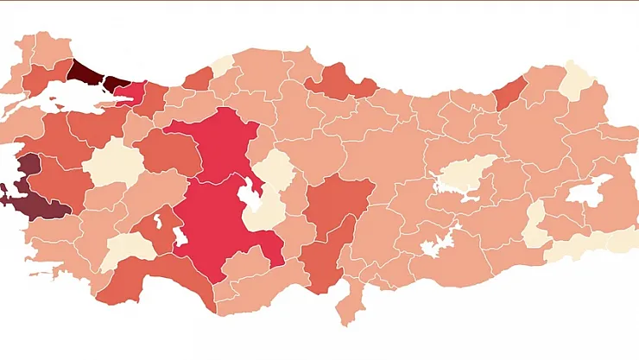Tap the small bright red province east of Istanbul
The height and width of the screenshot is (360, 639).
point(131,92)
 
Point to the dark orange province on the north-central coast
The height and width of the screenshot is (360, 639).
point(339,81)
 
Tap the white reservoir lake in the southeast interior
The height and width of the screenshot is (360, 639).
point(436,241)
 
